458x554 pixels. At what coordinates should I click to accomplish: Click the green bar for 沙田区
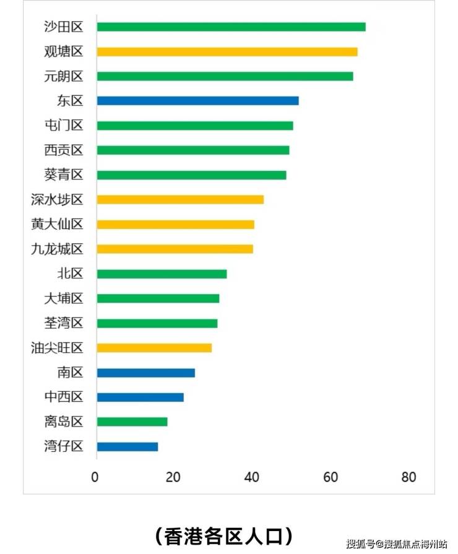pos(231,27)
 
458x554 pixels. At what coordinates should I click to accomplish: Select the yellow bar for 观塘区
pos(227,51)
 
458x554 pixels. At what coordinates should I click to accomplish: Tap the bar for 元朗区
pos(225,76)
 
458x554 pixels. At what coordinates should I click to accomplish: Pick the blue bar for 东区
pos(197,100)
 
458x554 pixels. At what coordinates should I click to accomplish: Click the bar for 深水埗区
pos(180,199)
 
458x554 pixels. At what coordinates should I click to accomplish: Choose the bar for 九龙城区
pos(175,249)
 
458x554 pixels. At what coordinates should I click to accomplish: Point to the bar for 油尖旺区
pos(154,348)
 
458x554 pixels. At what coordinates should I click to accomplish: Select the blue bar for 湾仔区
pos(127,446)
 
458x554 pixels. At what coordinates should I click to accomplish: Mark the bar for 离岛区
pos(132,422)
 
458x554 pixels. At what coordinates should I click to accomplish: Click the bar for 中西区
pos(140,397)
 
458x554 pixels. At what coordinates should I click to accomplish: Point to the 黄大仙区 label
pos(57,224)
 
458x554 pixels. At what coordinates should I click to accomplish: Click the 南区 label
pos(69,373)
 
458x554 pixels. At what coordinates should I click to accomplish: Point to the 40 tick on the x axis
pos(251,477)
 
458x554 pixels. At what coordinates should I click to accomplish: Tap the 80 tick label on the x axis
pos(408,477)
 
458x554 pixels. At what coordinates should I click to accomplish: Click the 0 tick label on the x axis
pos(95,477)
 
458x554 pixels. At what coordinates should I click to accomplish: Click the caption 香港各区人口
pos(223,535)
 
